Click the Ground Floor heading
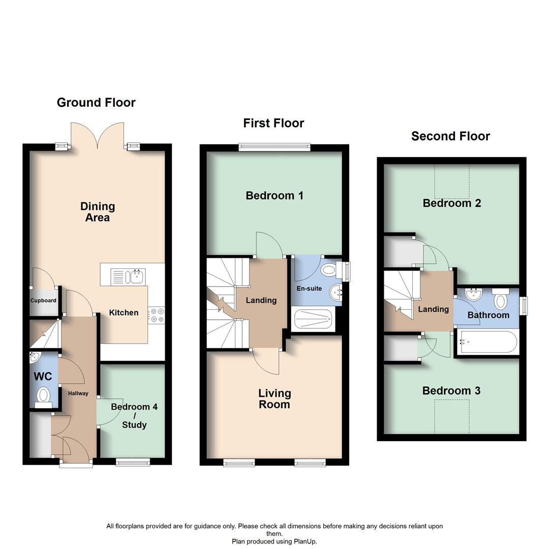[96, 102]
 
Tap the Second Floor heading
[450, 136]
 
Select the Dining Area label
[98, 212]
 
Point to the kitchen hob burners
[156, 315]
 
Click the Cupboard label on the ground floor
[43, 300]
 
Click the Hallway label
[78, 393]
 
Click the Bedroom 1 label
[274, 196]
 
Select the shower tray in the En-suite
[315, 319]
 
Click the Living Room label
[274, 399]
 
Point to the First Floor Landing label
[261, 300]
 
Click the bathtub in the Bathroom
[488, 342]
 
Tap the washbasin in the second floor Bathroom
[474, 295]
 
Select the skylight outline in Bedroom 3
[452, 416]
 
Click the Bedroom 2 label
[452, 203]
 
